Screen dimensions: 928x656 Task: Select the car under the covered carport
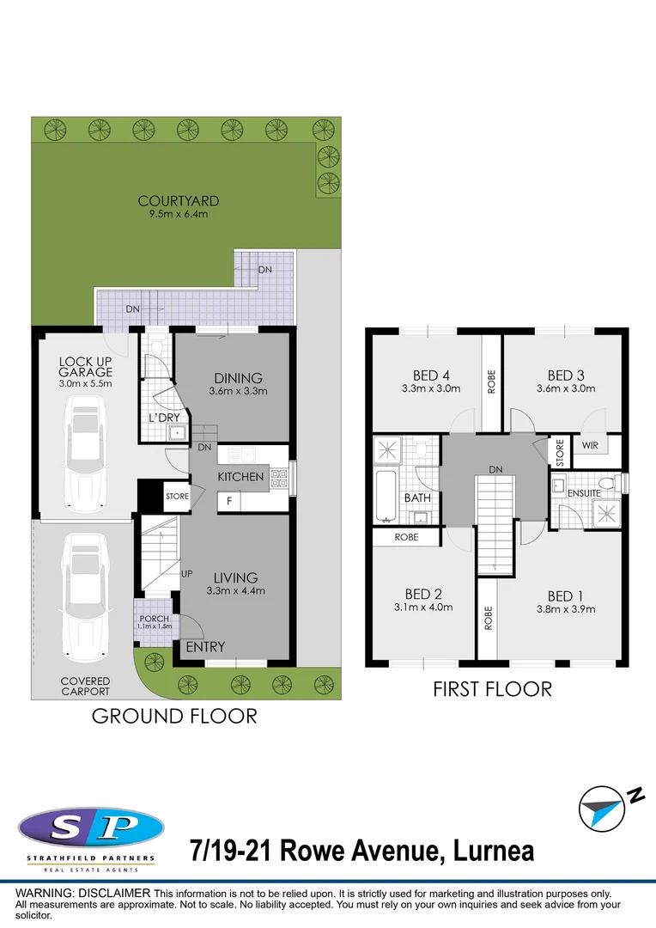pyautogui.click(x=83, y=593)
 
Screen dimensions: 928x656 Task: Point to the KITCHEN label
pyautogui.click(x=240, y=476)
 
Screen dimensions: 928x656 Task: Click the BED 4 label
pyautogui.click(x=431, y=375)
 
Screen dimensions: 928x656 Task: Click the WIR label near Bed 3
pyautogui.click(x=590, y=446)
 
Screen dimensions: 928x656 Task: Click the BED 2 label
pyautogui.click(x=423, y=593)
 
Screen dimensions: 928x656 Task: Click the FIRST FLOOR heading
pyautogui.click(x=492, y=688)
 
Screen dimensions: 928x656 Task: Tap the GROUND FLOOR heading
pyautogui.click(x=174, y=715)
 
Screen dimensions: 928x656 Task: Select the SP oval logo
pyautogui.click(x=90, y=829)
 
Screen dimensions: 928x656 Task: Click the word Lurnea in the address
pyautogui.click(x=493, y=851)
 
